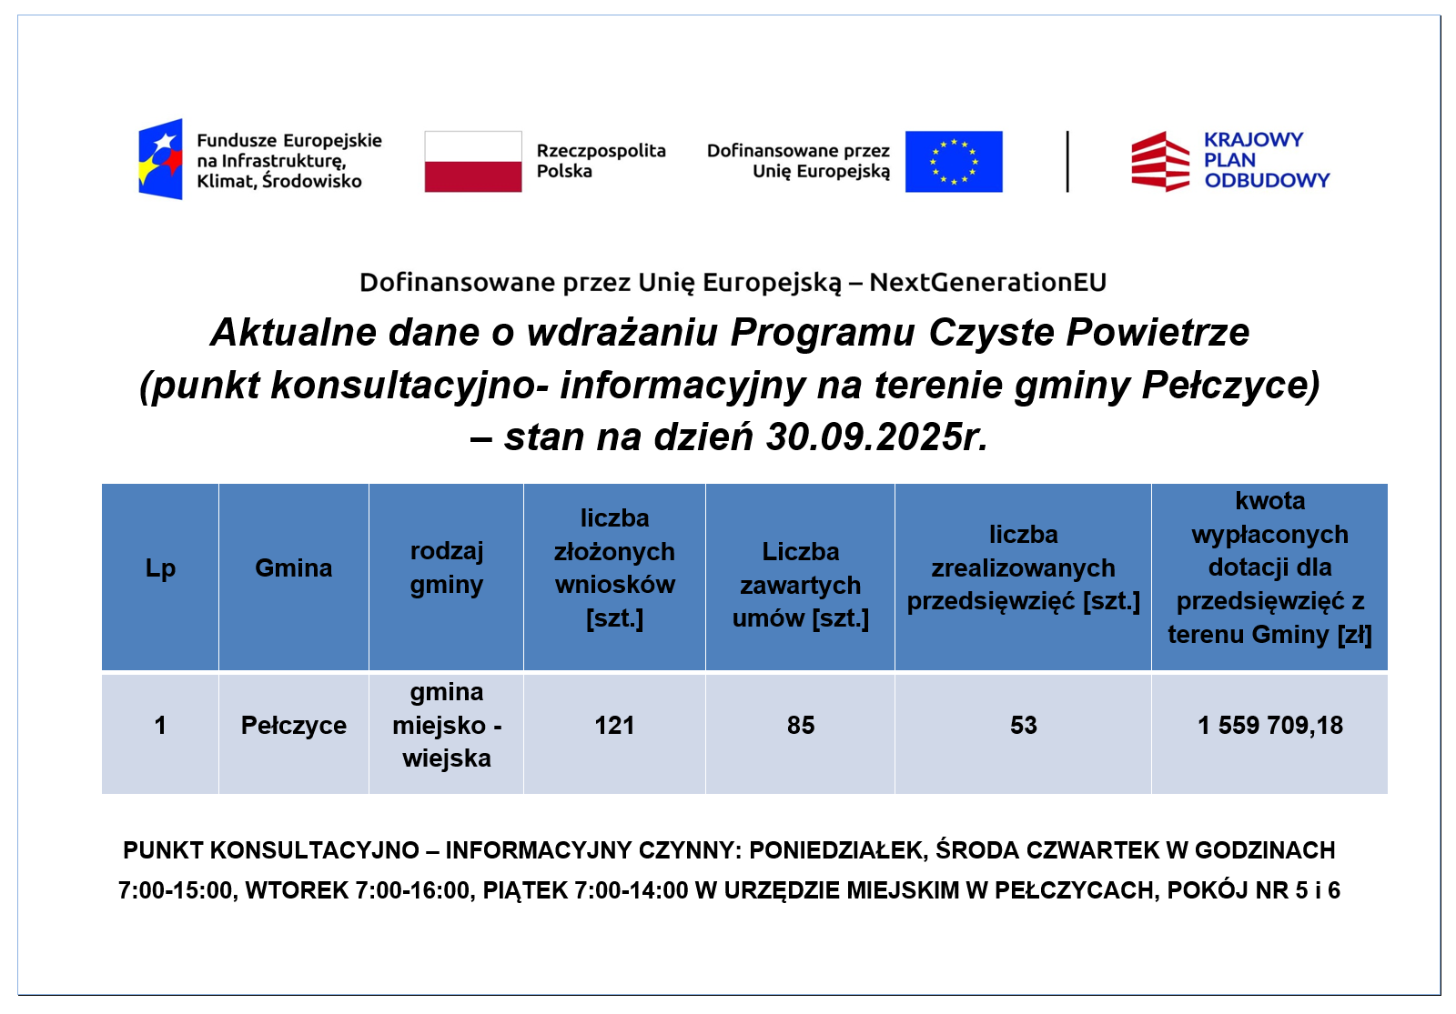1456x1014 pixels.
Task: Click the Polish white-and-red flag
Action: click(473, 162)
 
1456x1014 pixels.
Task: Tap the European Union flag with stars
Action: click(954, 162)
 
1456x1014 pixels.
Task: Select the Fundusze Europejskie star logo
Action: click(160, 159)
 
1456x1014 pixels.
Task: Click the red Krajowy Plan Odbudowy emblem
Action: click(1159, 162)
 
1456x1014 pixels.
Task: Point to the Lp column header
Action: click(160, 568)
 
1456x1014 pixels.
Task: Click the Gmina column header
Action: click(294, 567)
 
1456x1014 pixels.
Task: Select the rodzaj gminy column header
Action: click(447, 567)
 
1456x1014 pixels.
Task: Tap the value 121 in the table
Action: click(614, 725)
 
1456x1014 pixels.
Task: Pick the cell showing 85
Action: click(801, 725)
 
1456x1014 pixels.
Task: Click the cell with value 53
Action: click(1023, 725)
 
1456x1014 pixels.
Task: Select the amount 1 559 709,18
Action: click(1270, 725)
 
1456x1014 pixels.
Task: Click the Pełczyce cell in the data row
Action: click(294, 725)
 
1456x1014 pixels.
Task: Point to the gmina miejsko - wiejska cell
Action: click(447, 725)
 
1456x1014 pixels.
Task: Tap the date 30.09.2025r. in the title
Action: click(876, 437)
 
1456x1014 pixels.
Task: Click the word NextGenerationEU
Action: click(987, 282)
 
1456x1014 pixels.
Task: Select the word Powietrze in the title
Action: click(1158, 332)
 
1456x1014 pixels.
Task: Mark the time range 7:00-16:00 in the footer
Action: click(412, 890)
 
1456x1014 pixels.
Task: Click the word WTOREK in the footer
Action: click(297, 890)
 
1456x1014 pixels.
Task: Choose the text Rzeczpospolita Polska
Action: click(602, 161)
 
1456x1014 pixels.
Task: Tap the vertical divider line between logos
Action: click(1067, 162)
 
